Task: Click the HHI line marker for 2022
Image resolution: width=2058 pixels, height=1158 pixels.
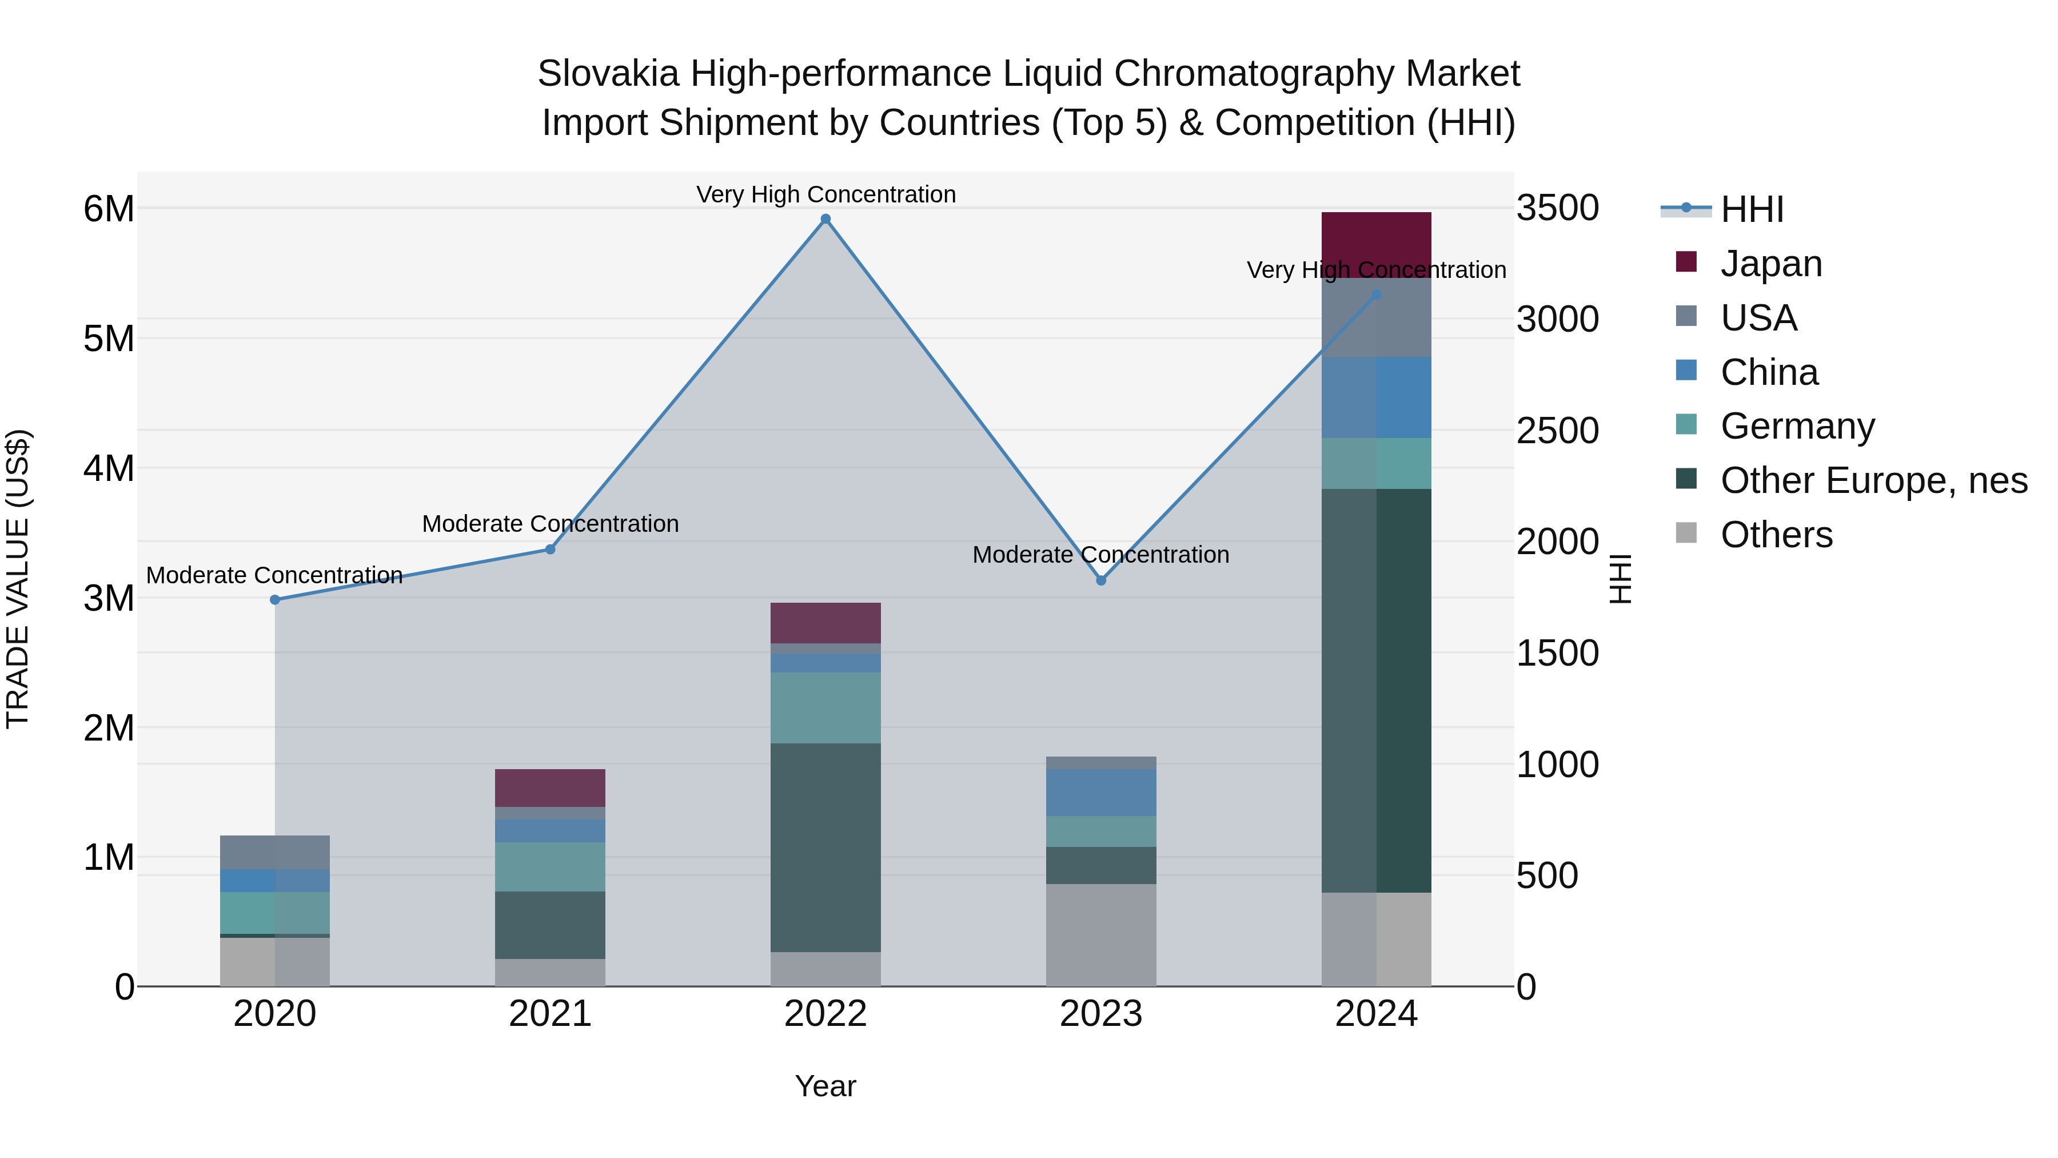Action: coord(825,219)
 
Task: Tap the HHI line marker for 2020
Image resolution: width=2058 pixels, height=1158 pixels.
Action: coord(275,599)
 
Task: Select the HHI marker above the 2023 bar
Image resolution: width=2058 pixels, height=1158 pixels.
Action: coord(1101,580)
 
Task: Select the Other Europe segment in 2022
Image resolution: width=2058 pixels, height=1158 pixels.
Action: coord(825,847)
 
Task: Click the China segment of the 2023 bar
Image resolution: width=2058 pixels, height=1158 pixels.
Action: coord(1101,792)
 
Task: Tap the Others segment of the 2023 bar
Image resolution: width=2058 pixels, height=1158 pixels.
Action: coord(1101,934)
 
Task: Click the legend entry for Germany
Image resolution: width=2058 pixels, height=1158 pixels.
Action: coord(1797,426)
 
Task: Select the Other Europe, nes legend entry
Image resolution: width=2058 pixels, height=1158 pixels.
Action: coord(1873,480)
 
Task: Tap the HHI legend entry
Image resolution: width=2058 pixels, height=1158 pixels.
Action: coord(1751,209)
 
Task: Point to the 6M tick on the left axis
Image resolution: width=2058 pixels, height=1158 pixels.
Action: coord(109,209)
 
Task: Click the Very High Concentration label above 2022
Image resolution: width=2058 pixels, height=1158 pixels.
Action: coord(825,194)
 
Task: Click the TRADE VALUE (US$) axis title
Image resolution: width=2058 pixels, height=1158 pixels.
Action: coord(18,579)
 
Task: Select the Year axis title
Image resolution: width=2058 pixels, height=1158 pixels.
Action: coord(825,1086)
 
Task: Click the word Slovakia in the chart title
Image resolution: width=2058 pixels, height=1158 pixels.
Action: coord(608,74)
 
